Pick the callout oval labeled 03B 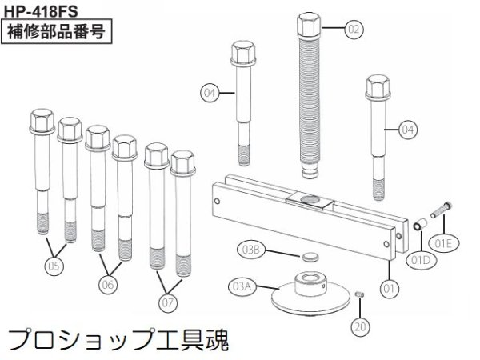pyautogui.click(x=251, y=251)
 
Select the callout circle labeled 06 pyautogui.click(x=109, y=282)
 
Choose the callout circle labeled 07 pyautogui.click(x=166, y=302)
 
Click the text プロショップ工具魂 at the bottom pyautogui.click(x=120, y=341)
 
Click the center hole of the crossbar pyautogui.click(x=309, y=198)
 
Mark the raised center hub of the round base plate pyautogui.click(x=309, y=282)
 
